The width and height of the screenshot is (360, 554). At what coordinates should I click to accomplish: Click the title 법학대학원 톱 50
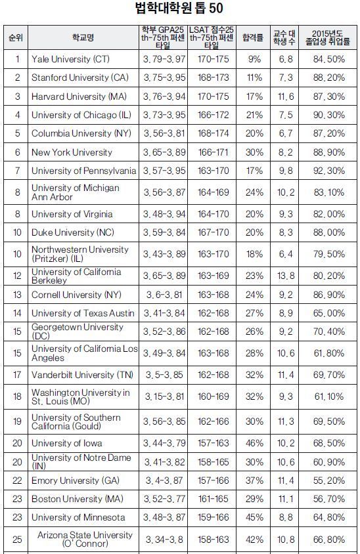click(x=179, y=9)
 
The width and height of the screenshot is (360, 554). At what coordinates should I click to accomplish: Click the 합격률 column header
click(x=253, y=37)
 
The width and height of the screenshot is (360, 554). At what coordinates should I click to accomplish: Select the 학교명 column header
click(x=83, y=37)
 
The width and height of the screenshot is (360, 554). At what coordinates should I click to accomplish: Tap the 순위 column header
click(x=16, y=37)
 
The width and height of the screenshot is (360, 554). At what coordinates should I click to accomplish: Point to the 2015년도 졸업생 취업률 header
click(x=327, y=38)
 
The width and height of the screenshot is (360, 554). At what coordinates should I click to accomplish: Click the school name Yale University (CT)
click(x=70, y=59)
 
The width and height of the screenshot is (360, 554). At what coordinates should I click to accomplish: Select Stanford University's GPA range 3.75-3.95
click(x=164, y=77)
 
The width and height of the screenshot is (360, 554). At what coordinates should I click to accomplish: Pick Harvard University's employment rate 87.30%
click(x=328, y=96)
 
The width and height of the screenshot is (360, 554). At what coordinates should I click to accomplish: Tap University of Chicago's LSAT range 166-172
click(x=213, y=115)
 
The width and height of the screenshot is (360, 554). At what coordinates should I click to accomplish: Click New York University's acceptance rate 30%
click(x=254, y=152)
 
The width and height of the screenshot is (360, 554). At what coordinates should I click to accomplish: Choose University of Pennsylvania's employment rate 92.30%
click(x=328, y=171)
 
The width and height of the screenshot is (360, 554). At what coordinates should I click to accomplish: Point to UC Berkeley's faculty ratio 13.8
click(x=285, y=276)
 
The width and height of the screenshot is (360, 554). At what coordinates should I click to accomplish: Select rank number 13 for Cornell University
click(x=17, y=295)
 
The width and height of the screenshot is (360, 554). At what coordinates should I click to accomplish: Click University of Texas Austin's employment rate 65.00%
click(x=328, y=313)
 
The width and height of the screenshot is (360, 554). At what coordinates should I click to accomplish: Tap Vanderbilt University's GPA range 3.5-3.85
click(x=164, y=375)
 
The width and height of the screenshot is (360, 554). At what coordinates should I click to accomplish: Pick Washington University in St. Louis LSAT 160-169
click(x=213, y=396)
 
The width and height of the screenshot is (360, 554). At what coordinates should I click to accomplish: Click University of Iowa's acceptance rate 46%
click(x=254, y=443)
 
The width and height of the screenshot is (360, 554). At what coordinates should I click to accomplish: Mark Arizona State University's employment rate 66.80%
click(x=328, y=540)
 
